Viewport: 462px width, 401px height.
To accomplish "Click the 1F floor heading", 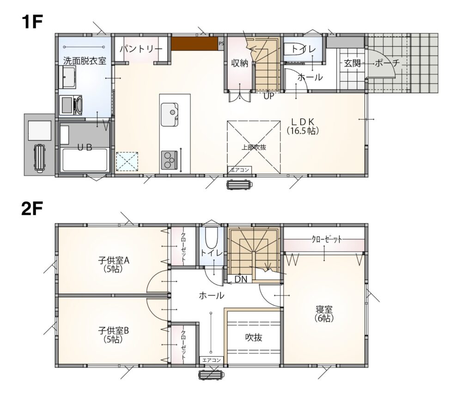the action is (x=32, y=22).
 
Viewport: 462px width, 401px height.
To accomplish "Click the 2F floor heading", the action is (x=32, y=209).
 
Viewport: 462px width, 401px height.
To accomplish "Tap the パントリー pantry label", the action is (x=141, y=49).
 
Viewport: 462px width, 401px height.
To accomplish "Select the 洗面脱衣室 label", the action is (x=85, y=61).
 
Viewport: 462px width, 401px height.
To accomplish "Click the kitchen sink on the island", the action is (x=170, y=114).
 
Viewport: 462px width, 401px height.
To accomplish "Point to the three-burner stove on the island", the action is (x=169, y=160).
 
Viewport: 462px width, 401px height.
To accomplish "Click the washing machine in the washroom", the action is (x=71, y=105).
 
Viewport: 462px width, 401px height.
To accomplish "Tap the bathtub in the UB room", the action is (x=85, y=160).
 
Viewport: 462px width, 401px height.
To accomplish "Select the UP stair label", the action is (x=268, y=96).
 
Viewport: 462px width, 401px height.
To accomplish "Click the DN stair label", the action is (x=241, y=279).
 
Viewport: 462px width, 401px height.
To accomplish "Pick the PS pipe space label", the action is (x=221, y=43).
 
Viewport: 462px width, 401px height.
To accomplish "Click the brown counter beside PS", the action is (x=195, y=43).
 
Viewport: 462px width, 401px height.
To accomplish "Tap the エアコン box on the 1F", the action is (x=240, y=170).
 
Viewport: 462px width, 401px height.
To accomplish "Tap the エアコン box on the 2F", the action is (x=212, y=360).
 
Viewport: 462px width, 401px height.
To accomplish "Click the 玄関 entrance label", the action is (x=353, y=63).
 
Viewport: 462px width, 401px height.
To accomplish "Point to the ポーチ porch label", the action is (x=387, y=63).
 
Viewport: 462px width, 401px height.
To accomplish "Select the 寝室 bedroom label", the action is (x=324, y=314).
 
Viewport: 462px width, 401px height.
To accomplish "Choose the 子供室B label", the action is (x=114, y=335).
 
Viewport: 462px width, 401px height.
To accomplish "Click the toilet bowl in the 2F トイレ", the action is (x=211, y=238).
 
